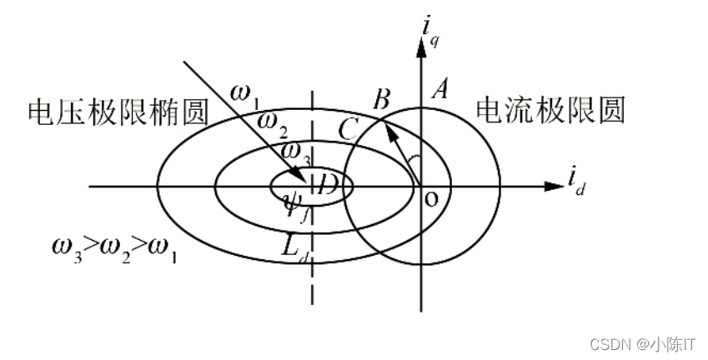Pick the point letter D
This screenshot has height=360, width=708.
pyautogui.click(x=328, y=184)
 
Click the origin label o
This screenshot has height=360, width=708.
pyautogui.click(x=431, y=198)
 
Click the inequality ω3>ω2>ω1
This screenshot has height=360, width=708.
pyautogui.click(x=115, y=249)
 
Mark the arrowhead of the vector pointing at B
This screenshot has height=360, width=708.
pyautogui.click(x=389, y=126)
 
